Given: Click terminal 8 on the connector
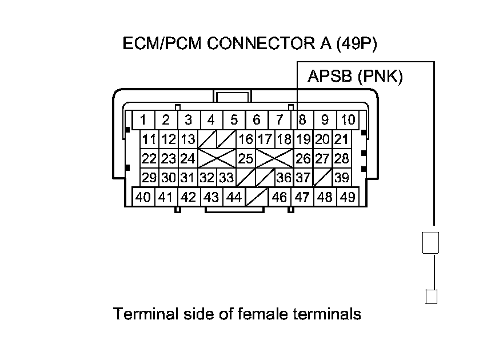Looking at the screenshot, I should pos(302,120).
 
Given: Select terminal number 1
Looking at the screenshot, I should pos(143,120).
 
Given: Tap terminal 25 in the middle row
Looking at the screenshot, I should pos(246,158).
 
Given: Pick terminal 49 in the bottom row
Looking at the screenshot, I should pos(347,197).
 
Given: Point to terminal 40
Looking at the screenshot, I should pos(143,197).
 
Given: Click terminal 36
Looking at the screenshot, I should pos(284,178).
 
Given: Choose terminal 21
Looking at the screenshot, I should pos(341,139).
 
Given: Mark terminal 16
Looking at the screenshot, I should pos(246,139).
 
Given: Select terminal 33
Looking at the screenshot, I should pos(226,178).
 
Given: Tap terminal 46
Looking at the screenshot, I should pos(280,197).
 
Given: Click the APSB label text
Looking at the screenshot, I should pos(330,77).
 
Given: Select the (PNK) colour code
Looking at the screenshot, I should pos(380,77).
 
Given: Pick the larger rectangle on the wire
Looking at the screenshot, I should pos(430,242).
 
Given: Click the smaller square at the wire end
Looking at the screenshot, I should pos(432,297).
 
